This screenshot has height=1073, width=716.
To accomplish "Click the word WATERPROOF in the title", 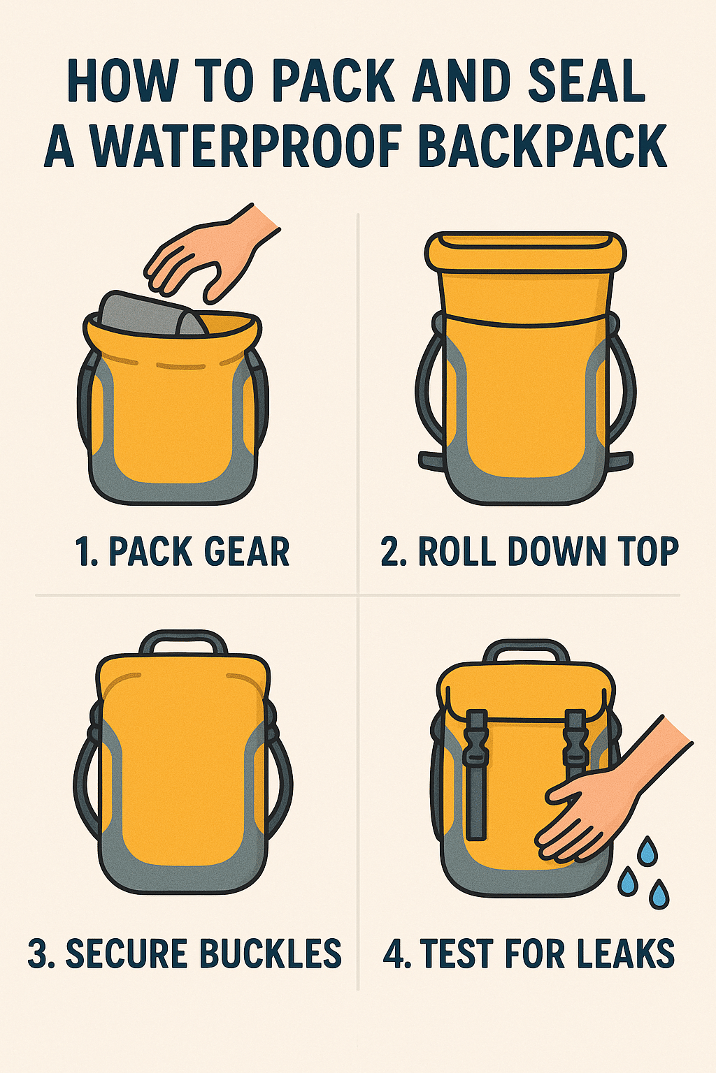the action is tap(247, 145).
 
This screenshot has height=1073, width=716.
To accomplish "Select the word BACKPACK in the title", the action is tap(543, 145).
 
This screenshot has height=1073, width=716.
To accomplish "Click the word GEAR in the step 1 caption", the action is tap(249, 551).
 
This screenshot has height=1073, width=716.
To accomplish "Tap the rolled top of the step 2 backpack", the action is tap(526, 252).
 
